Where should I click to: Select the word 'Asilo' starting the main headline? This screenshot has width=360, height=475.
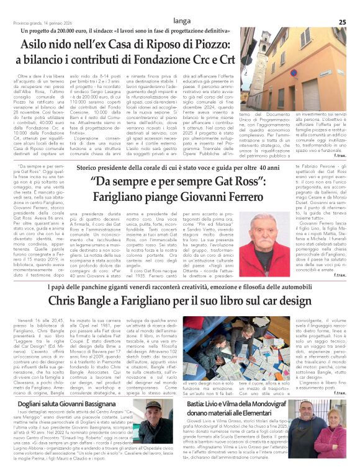(36, 45)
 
